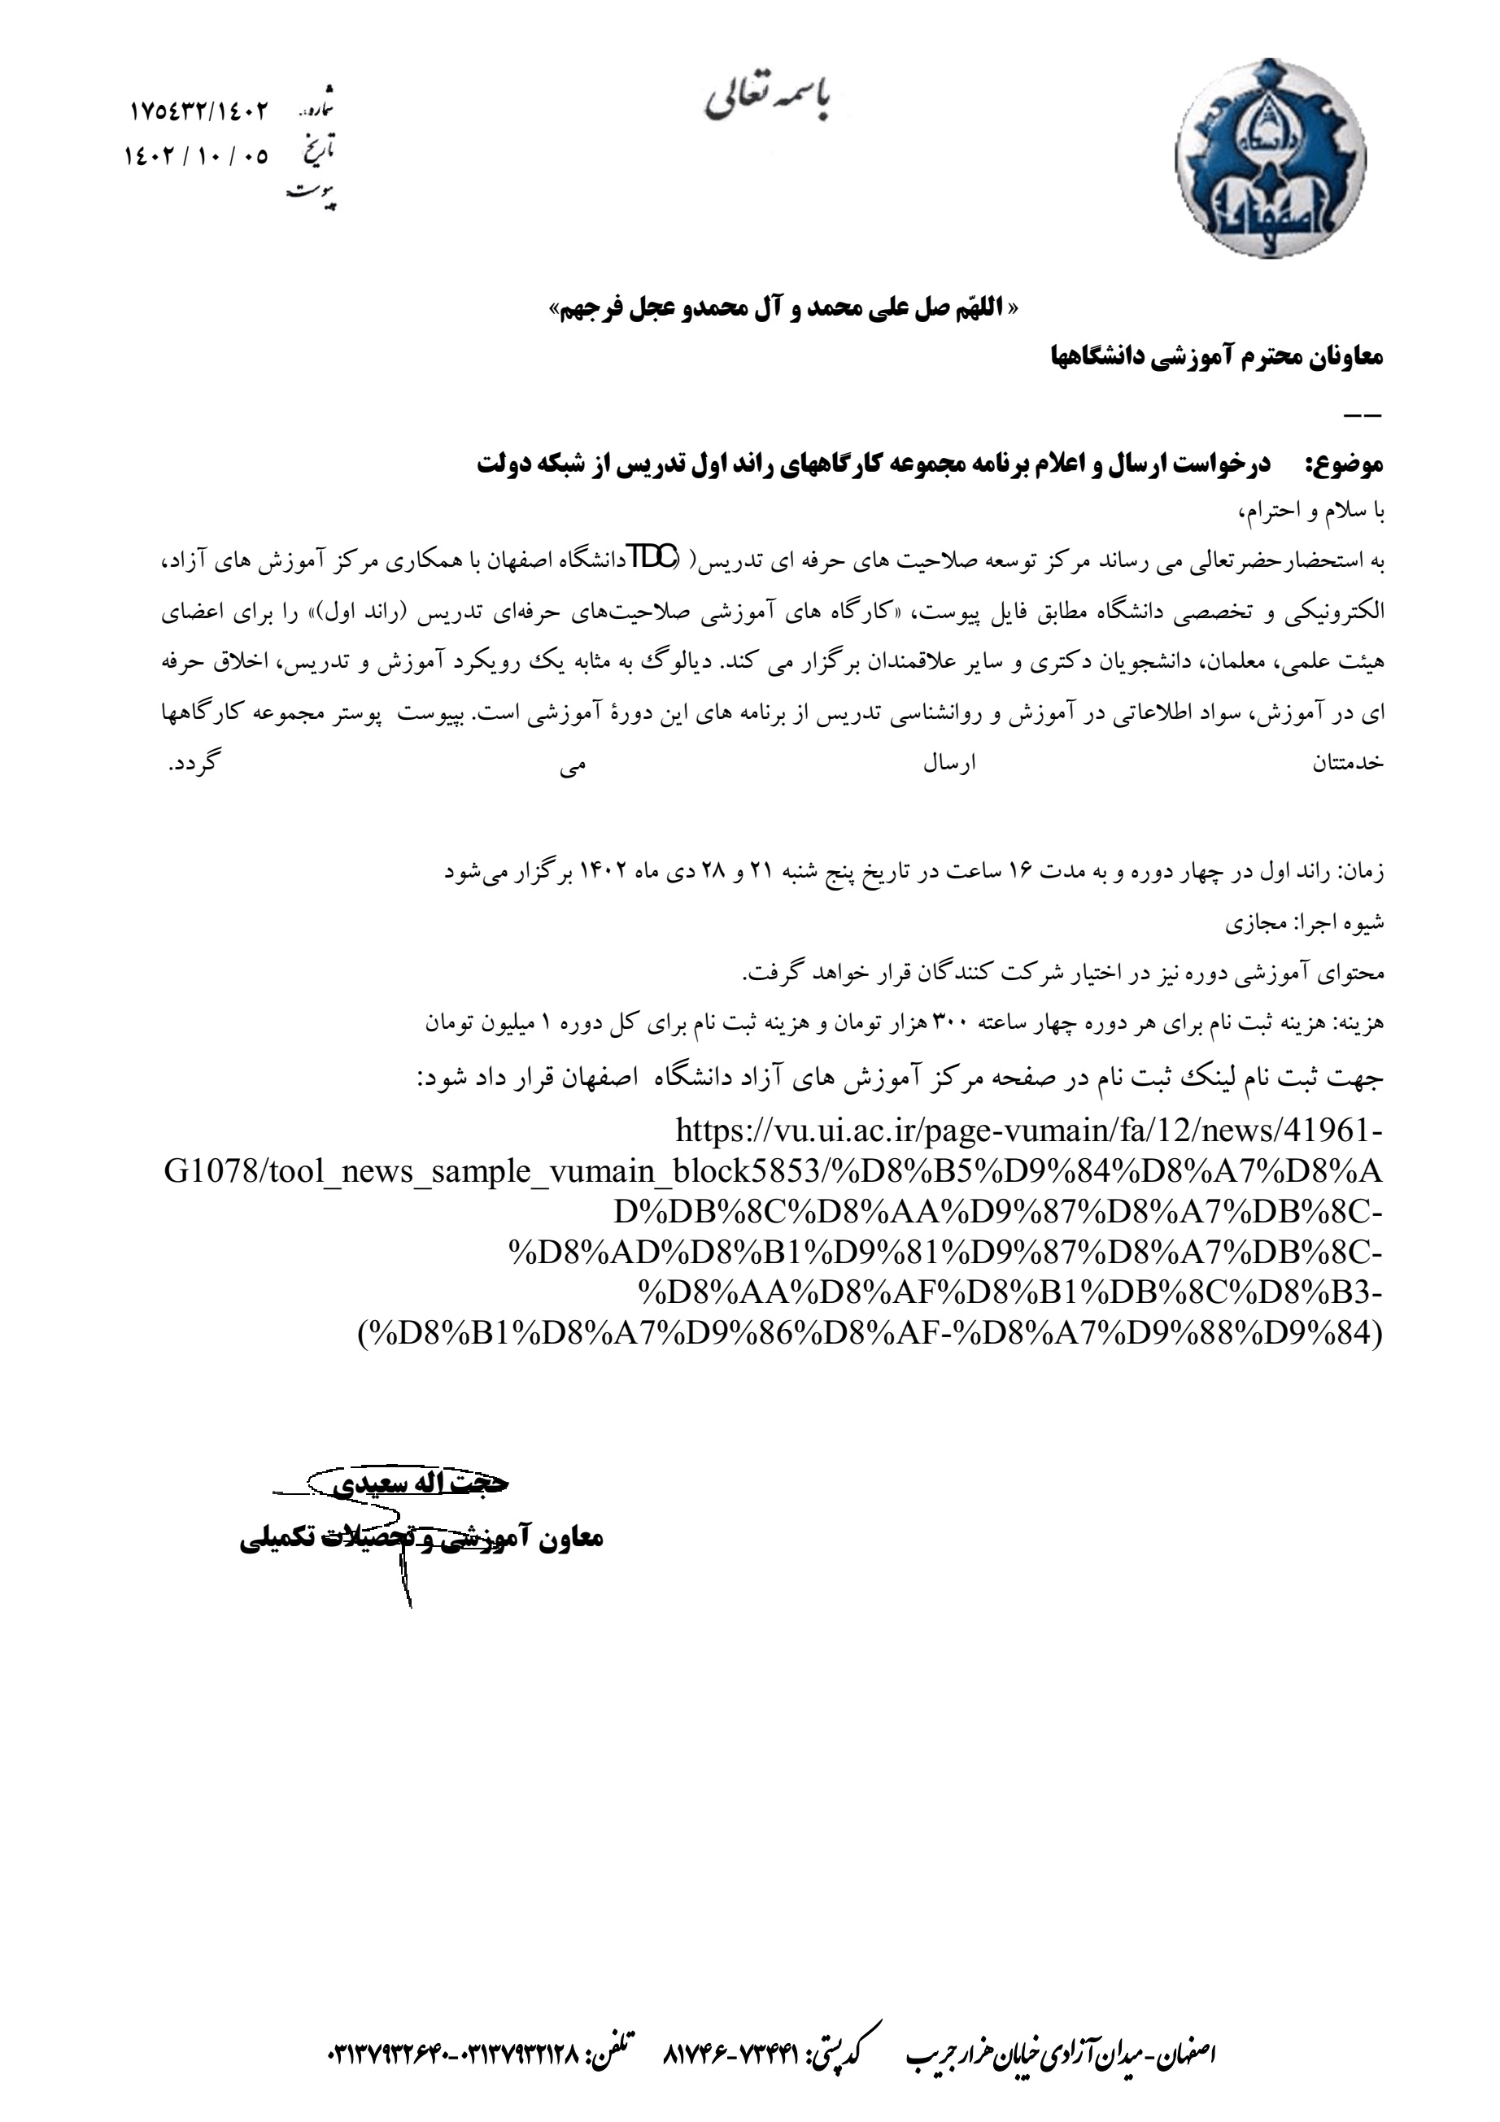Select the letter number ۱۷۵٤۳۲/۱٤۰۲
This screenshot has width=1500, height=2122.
[x=198, y=111]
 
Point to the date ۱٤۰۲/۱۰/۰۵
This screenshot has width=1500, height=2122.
[x=196, y=156]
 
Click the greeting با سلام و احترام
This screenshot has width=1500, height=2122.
[x=1312, y=511]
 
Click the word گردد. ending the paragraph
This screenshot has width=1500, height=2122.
[x=191, y=765]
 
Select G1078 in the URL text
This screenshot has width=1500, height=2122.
[x=212, y=1172]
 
